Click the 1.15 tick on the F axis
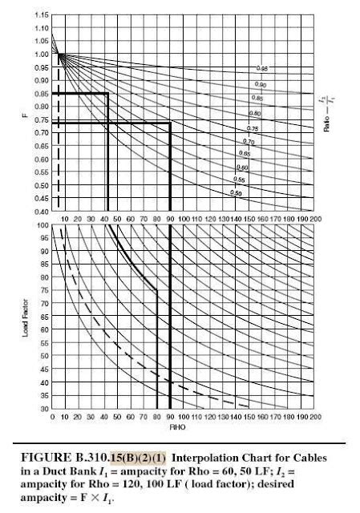pyautogui.click(x=42, y=15)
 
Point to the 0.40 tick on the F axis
pyautogui.click(x=42, y=212)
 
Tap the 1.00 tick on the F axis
pyautogui.click(x=42, y=55)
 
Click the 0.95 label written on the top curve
pyautogui.click(x=261, y=70)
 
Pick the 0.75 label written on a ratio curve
pyautogui.click(x=252, y=128)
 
